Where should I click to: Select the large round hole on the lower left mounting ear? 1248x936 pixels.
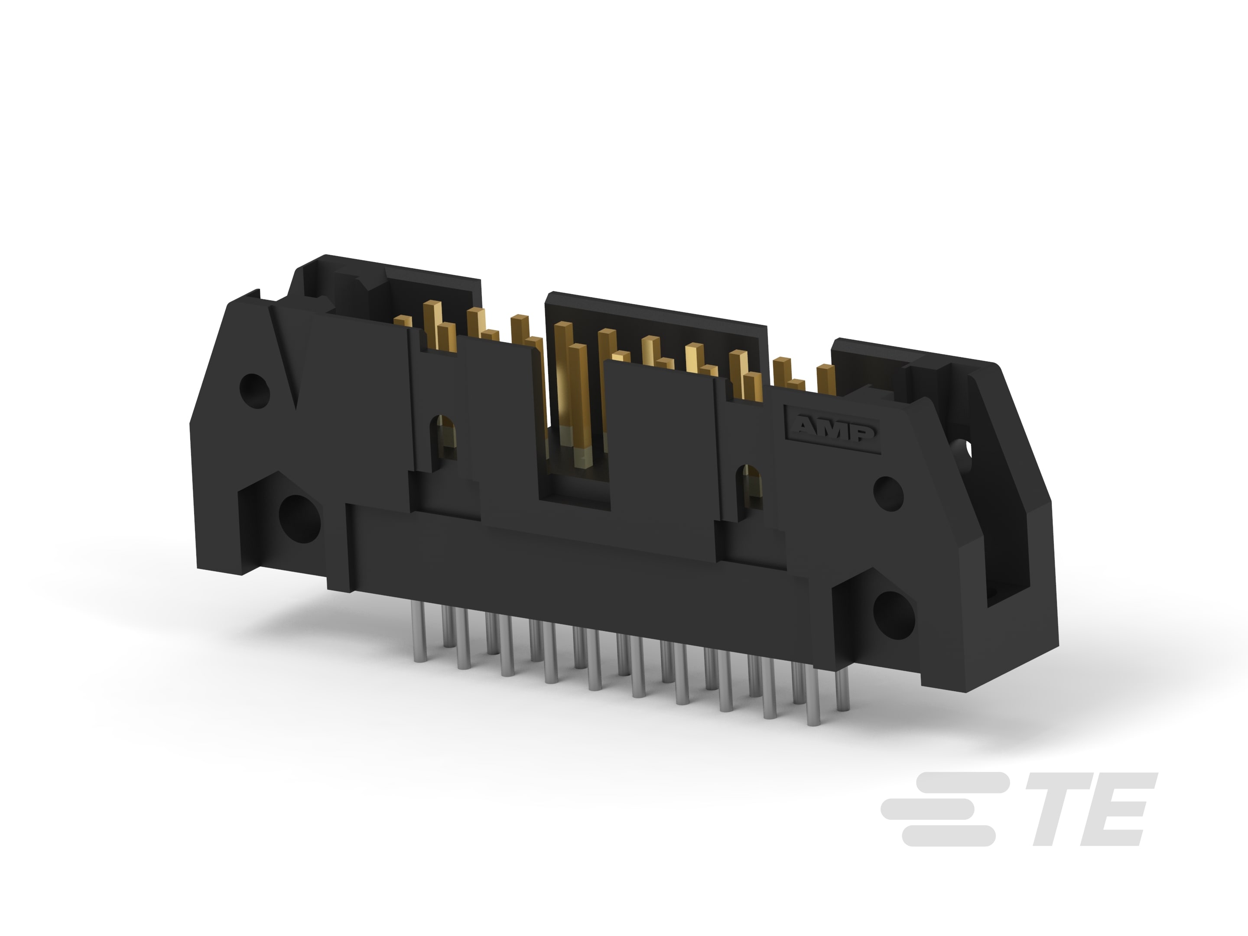coord(299,517)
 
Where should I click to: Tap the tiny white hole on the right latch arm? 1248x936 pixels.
coord(972,449)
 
